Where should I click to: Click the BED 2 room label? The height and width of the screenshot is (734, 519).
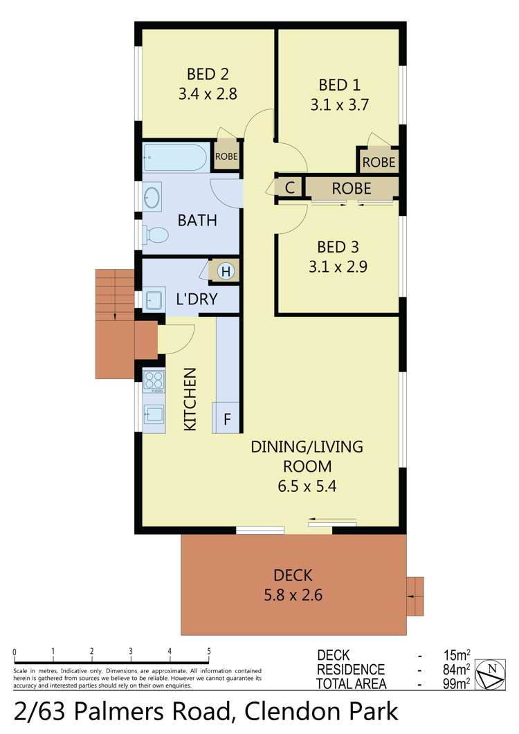(208, 74)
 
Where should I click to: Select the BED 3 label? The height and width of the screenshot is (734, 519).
(338, 247)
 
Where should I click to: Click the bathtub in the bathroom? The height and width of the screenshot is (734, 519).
(174, 158)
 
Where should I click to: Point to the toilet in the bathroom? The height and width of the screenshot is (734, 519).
(156, 235)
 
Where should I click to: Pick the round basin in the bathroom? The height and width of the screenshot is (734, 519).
(152, 198)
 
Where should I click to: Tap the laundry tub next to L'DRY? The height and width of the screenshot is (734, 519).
(154, 300)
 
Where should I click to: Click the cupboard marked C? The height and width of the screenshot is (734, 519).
(290, 188)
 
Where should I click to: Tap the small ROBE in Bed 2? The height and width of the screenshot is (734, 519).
(226, 156)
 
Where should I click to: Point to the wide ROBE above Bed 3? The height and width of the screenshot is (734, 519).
(352, 188)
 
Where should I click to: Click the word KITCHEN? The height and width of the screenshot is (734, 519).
(190, 399)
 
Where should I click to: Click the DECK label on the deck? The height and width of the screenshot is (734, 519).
(293, 575)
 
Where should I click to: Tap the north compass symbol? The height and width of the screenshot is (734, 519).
(493, 670)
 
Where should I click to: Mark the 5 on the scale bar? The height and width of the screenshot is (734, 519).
(208, 652)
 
